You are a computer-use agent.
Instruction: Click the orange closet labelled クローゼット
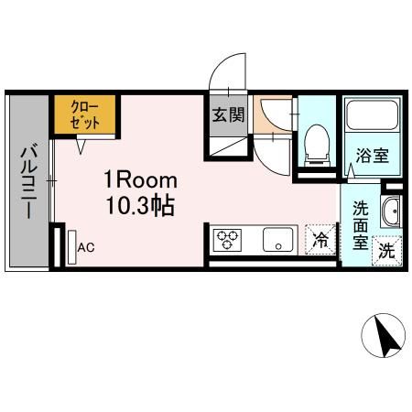[x=83, y=115]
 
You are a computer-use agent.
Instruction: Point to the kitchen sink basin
[x=274, y=241]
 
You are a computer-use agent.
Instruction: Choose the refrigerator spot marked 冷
[x=320, y=240]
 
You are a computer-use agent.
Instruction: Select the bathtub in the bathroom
[x=372, y=116]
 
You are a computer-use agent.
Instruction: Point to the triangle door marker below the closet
[x=82, y=145]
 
